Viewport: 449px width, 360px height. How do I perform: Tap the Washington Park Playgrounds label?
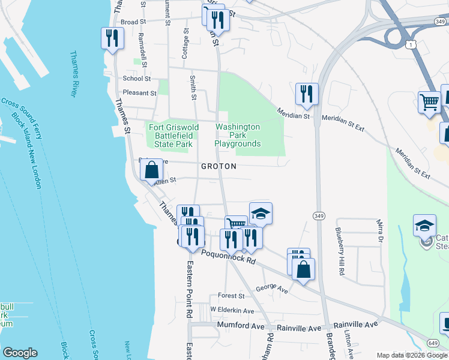click(x=238, y=135)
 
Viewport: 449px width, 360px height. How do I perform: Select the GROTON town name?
click(x=218, y=166)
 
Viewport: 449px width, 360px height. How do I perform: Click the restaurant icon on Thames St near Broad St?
click(x=112, y=39)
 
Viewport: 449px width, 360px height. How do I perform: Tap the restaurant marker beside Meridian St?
click(x=306, y=94)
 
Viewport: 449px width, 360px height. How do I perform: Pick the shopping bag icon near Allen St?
click(x=152, y=169)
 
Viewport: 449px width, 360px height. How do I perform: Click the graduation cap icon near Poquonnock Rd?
click(x=261, y=213)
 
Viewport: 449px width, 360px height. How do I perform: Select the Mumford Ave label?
click(x=241, y=326)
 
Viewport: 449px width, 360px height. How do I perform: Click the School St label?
click(x=136, y=79)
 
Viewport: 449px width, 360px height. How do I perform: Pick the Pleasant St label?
click(x=139, y=93)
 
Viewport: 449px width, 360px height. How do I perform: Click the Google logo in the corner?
click(x=20, y=353)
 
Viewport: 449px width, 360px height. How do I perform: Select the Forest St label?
click(x=231, y=296)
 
